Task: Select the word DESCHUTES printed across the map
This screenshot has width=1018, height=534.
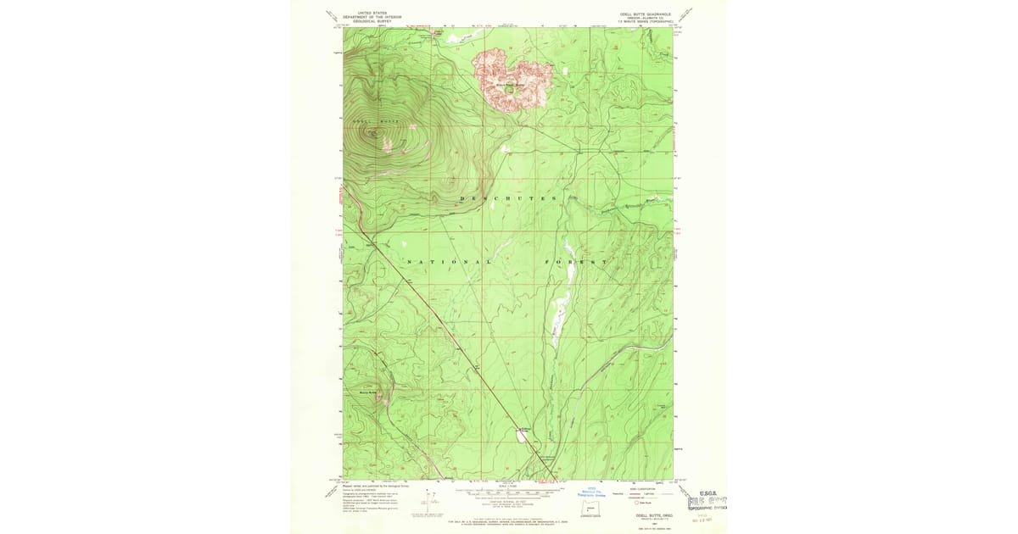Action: pos(509,198)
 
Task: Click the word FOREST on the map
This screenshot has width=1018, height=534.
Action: pos(576,262)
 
